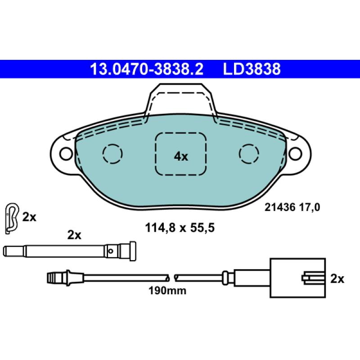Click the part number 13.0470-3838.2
tap(147, 69)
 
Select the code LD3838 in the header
tap(252, 69)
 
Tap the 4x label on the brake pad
tap(180, 156)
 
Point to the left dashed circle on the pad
tap(112, 154)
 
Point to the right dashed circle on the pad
tap(249, 154)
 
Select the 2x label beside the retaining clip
tap(29, 217)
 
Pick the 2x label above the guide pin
tap(74, 235)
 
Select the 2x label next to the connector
tap(337, 279)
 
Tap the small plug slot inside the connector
tap(311, 277)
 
